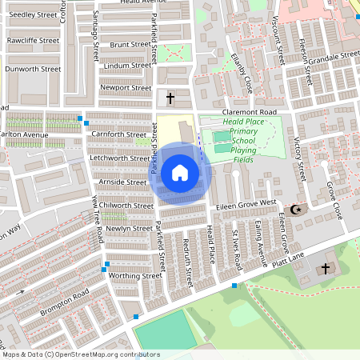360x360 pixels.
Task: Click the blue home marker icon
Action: click(x=180, y=173)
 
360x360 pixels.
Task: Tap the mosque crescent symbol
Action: click(x=297, y=210)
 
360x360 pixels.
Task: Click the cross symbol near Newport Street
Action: click(x=170, y=98)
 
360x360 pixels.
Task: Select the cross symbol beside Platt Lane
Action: click(x=326, y=268)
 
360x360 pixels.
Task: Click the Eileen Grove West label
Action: click(x=246, y=206)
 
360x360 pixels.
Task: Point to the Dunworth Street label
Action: click(x=33, y=70)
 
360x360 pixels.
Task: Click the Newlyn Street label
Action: click(x=129, y=228)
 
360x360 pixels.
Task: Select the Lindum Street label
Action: click(x=127, y=66)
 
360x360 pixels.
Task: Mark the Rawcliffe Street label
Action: click(x=33, y=39)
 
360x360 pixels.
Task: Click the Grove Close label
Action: click(x=334, y=200)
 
